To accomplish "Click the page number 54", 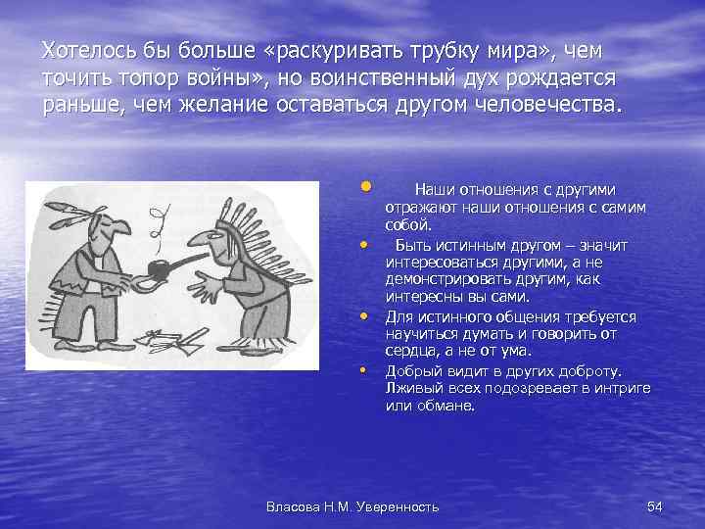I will [x=656, y=505].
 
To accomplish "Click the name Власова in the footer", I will [x=296, y=505].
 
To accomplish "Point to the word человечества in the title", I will [x=549, y=106].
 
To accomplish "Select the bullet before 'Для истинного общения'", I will [x=364, y=316].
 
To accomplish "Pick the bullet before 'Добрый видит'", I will [x=364, y=370].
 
